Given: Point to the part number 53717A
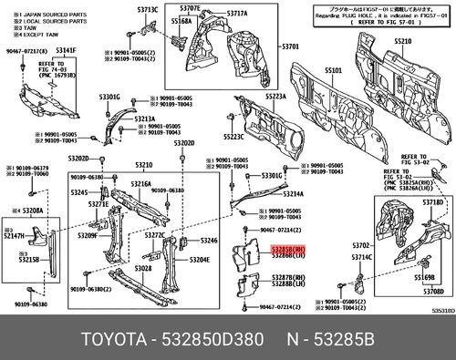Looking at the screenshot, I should click(236, 14).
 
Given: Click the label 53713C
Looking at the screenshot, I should click(148, 8).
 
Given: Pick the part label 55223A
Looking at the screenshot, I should click(276, 96).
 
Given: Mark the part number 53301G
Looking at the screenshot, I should click(110, 96).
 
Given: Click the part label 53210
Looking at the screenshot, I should click(144, 164).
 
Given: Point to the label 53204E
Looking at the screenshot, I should click(199, 260).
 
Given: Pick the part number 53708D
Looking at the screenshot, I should click(431, 292).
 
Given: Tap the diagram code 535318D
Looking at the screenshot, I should click(442, 311).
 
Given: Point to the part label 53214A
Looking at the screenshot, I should click(294, 194).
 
